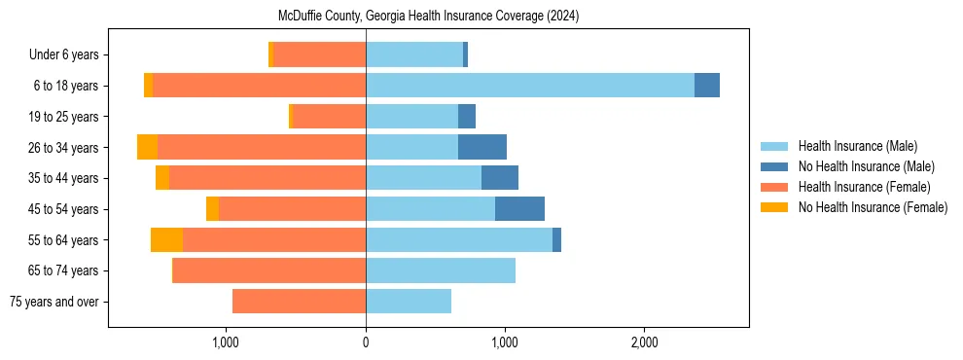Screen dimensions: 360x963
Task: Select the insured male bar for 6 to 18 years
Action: (x=530, y=86)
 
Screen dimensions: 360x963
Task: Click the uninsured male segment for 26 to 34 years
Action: (x=482, y=147)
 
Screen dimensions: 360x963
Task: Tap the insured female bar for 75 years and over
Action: (x=299, y=302)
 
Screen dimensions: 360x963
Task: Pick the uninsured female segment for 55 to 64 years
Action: (x=166, y=240)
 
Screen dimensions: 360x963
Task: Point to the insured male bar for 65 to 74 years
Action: (x=441, y=270)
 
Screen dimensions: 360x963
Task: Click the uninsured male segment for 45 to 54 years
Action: (x=519, y=209)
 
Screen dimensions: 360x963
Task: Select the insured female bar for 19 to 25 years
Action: (x=329, y=117)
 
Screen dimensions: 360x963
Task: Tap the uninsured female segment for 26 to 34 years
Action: (x=147, y=147)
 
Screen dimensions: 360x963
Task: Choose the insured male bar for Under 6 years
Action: (x=414, y=54)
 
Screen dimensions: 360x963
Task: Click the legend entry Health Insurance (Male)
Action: (x=857, y=146)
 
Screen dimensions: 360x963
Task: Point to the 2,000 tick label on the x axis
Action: (x=645, y=342)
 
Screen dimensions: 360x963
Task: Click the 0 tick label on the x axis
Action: (x=366, y=342)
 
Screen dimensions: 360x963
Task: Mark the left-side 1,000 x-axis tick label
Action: (x=226, y=342)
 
